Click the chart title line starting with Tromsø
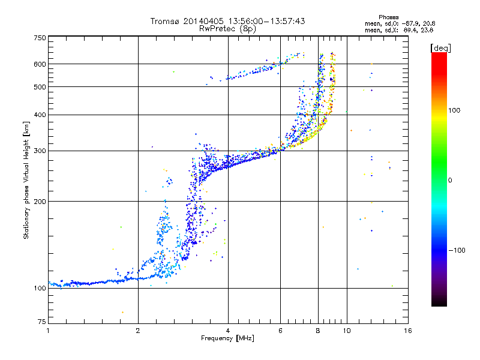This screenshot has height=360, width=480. pyautogui.click(x=227, y=21)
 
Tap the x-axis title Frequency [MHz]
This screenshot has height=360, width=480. pyautogui.click(x=227, y=338)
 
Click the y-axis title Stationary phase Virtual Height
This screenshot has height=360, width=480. pyautogui.click(x=26, y=180)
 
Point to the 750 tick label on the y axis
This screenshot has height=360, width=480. pyautogui.click(x=39, y=38)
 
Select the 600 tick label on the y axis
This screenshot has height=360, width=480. pyautogui.click(x=39, y=64)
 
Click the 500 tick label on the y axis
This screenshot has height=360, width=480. pyautogui.click(x=39, y=87)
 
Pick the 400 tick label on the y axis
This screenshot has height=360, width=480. pyautogui.click(x=39, y=115)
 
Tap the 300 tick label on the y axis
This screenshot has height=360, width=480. pyautogui.click(x=39, y=151)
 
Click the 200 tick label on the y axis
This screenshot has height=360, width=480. pyautogui.click(x=39, y=201)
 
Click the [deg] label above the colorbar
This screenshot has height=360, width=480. pyautogui.click(x=440, y=47)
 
